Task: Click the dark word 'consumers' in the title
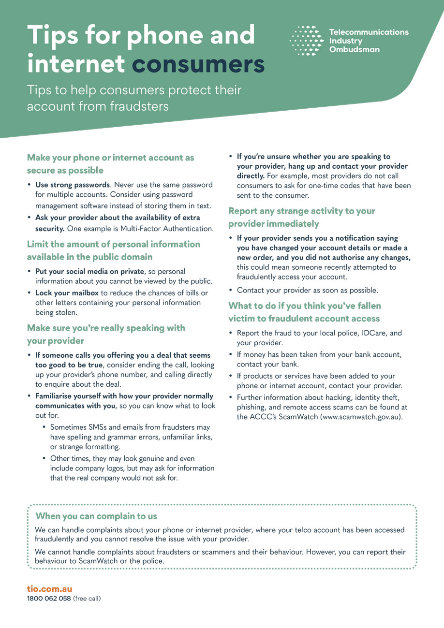point(198,64)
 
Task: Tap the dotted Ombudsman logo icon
point(306,41)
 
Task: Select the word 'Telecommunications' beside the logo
point(369,32)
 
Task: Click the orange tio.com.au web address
point(49,589)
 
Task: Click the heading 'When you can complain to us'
point(96,516)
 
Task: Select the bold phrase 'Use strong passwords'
point(72,185)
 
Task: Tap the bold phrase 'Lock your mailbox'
point(67,293)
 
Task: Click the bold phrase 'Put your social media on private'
point(89,272)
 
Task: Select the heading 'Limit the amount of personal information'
point(113,244)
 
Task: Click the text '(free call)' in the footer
point(87,599)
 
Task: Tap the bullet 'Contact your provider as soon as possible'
point(307,291)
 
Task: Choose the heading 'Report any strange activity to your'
point(301,211)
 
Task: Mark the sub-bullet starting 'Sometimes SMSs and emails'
point(130,427)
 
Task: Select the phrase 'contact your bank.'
point(268,364)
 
